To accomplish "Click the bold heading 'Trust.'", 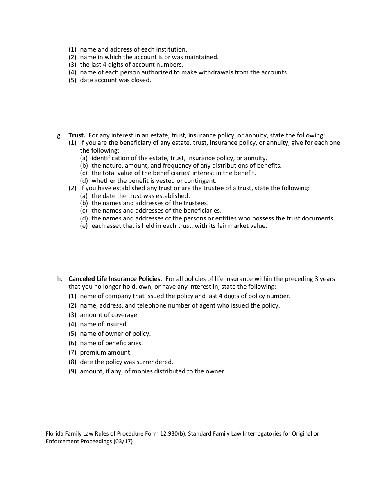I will [x=77, y=135].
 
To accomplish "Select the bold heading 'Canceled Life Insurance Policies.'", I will [x=115, y=279].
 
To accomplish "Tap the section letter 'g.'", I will [x=60, y=135].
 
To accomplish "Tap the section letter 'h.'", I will [x=60, y=279].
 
